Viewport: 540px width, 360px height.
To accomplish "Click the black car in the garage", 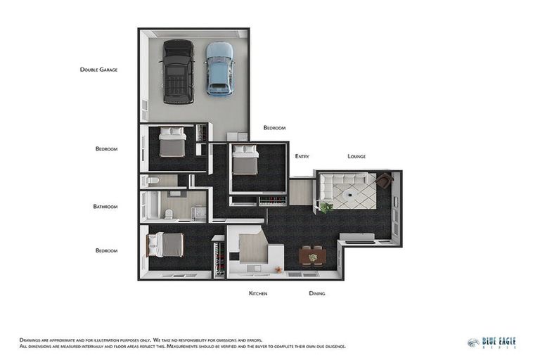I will tap(178, 71).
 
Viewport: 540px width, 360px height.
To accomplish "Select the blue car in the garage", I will tap(219, 68).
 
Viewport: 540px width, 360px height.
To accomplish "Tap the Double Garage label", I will tap(98, 70).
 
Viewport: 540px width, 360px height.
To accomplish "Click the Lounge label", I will tap(356, 156).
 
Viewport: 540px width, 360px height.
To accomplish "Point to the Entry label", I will tap(302, 156).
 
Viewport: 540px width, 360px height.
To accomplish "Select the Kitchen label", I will tap(258, 293).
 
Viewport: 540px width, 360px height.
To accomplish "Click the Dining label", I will tap(316, 293).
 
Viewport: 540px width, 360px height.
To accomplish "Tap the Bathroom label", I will tap(105, 207).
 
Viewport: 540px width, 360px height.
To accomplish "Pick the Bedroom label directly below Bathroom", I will tap(106, 250).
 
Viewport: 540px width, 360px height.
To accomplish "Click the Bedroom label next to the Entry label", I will tap(274, 128).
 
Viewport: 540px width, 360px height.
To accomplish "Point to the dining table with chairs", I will tap(312, 257).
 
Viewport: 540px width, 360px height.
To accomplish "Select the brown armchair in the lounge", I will tap(383, 181).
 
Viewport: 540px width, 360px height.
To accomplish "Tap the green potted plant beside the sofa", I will tap(326, 207).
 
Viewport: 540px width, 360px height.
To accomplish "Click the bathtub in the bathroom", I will tap(150, 205).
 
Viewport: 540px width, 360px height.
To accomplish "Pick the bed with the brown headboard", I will tap(166, 245).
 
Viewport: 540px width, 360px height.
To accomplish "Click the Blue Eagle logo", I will tap(491, 342).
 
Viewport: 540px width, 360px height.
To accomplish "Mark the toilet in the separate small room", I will tap(155, 181).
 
